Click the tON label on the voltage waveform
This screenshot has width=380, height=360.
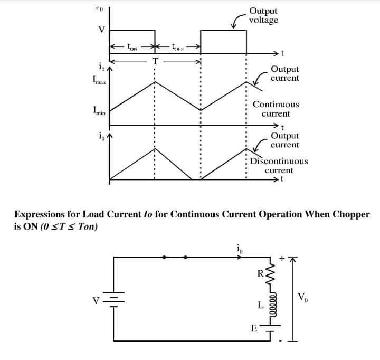[132, 48]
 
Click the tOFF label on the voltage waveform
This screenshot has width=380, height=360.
[178, 48]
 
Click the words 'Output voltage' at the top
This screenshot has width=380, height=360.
[263, 15]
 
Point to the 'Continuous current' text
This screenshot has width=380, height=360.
[275, 109]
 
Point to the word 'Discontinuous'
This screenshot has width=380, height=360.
[279, 161]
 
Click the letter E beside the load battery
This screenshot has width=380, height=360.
[253, 328]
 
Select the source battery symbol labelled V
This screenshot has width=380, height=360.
[113, 300]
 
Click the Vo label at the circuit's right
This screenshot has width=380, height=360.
[303, 297]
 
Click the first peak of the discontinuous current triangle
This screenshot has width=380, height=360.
[155, 148]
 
